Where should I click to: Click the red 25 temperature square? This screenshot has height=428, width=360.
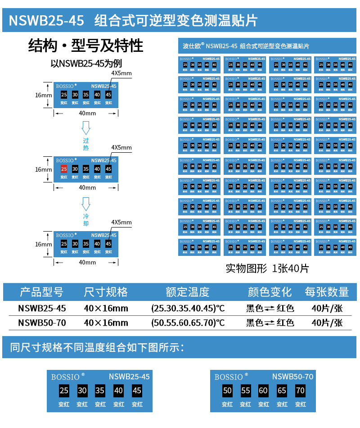click(64, 169)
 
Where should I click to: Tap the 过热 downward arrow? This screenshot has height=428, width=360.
click(86, 130)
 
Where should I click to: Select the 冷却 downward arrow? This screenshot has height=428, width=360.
click(86, 205)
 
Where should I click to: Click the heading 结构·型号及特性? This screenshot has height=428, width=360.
click(85, 46)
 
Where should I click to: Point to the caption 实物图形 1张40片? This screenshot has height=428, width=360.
click(267, 269)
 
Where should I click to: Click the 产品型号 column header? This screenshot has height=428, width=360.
click(41, 292)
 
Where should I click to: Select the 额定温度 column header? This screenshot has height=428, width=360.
click(187, 292)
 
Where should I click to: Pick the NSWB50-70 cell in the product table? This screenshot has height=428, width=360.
click(42, 323)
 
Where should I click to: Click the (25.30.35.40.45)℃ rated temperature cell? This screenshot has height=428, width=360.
click(188, 309)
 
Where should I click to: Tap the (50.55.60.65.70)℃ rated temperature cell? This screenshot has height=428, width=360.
click(188, 323)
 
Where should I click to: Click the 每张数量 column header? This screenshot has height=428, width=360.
click(327, 292)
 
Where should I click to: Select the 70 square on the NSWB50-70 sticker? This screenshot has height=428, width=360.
click(300, 391)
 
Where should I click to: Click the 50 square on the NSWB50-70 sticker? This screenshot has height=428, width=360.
click(227, 391)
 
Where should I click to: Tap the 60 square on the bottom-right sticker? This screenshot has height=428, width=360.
click(263, 391)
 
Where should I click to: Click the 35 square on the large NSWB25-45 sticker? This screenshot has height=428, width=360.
click(100, 391)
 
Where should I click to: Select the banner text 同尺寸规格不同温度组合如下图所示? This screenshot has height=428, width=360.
click(97, 347)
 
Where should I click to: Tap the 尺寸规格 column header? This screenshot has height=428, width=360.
click(106, 292)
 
